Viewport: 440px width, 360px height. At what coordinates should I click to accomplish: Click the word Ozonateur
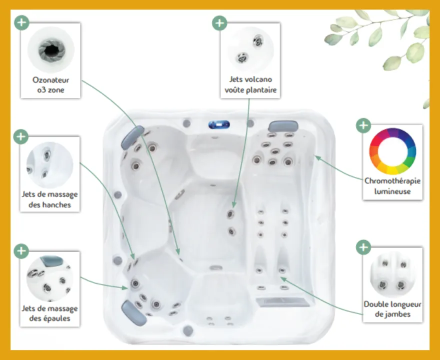(x=51, y=80)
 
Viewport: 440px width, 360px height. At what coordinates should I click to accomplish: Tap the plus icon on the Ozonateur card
(x=21, y=22)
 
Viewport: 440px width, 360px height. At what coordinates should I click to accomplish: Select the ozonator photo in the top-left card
(x=51, y=49)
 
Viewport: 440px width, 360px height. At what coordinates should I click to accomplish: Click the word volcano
(x=257, y=79)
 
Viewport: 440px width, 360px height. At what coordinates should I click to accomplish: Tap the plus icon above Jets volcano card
(x=219, y=22)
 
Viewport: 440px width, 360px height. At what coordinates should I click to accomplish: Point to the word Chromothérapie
(x=392, y=181)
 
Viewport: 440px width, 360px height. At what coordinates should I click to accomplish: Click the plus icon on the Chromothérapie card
(x=363, y=125)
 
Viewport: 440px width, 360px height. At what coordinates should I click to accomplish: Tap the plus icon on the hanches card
(x=21, y=136)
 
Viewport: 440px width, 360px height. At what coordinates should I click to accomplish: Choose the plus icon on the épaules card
(x=21, y=251)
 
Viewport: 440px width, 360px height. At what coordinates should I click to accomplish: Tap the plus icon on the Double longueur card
(x=363, y=247)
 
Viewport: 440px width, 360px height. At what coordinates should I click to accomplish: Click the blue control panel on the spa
(x=219, y=124)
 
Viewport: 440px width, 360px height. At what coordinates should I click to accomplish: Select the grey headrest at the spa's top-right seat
(x=283, y=126)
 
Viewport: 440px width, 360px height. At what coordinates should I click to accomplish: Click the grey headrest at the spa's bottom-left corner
(x=133, y=313)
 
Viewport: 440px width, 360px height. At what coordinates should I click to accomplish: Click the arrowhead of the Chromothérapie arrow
(x=317, y=157)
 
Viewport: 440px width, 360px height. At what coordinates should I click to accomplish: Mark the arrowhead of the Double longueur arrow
(x=283, y=279)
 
